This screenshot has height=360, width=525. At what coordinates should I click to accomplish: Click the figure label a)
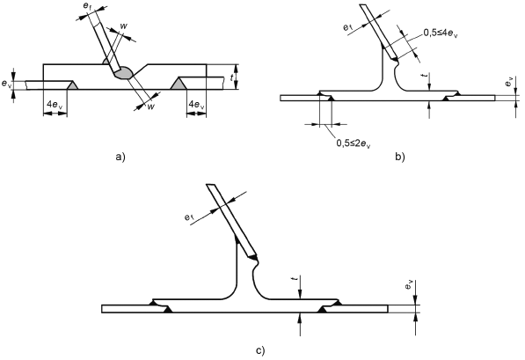pyautogui.click(x=120, y=157)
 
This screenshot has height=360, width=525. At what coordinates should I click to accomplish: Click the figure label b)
pyautogui.click(x=400, y=157)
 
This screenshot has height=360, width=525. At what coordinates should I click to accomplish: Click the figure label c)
pyautogui.click(x=260, y=351)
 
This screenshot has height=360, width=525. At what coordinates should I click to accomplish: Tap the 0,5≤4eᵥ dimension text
pyautogui.click(x=441, y=33)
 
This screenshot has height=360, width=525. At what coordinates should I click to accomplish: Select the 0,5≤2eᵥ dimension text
pyautogui.click(x=354, y=143)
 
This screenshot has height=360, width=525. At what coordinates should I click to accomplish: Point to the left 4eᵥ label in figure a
pyautogui.click(x=55, y=105)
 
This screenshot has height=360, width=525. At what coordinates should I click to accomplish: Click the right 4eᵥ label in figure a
pyautogui.click(x=196, y=105)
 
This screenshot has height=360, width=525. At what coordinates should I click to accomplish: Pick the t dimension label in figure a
pyautogui.click(x=232, y=78)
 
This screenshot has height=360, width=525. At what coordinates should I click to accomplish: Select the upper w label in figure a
pyautogui.click(x=123, y=26)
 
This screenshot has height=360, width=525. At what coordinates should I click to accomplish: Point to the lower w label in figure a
pyautogui.click(x=151, y=107)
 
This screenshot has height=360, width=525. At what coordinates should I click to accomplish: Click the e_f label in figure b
pyautogui.click(x=348, y=28)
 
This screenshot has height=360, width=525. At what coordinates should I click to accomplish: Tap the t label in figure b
pyautogui.click(x=426, y=77)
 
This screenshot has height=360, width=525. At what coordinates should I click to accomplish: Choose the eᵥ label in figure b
pyautogui.click(x=509, y=82)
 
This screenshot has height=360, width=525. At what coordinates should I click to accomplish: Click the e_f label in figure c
pyautogui.click(x=189, y=217)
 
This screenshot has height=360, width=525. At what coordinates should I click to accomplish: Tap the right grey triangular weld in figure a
pyautogui.click(x=178, y=84)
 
